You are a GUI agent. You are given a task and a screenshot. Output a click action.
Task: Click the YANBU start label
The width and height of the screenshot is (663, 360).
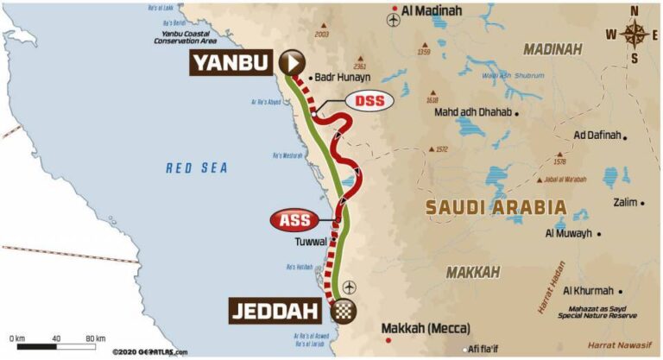230,62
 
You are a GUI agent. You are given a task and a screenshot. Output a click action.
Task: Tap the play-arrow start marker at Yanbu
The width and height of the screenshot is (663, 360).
292,61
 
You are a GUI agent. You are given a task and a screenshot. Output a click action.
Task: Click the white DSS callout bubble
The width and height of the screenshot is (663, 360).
369,101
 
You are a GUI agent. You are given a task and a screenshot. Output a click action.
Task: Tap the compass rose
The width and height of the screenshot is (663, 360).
635,35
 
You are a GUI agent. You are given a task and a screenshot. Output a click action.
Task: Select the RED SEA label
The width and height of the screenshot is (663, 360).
197,168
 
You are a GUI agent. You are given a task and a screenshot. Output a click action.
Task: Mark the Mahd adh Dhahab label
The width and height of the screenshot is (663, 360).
472,112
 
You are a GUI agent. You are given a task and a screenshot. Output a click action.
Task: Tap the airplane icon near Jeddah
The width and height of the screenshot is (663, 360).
348,286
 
